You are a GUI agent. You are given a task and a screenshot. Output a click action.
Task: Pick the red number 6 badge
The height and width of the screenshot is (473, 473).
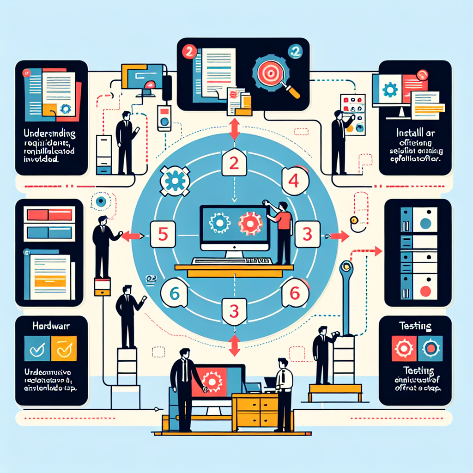click(294, 292)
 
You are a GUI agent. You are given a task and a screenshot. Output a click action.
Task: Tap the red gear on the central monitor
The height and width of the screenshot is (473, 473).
click(250, 224)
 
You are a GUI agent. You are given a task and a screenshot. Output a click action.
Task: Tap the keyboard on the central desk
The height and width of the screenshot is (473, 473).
click(231, 261)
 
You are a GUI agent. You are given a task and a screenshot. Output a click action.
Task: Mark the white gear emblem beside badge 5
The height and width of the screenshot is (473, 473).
click(174, 181)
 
